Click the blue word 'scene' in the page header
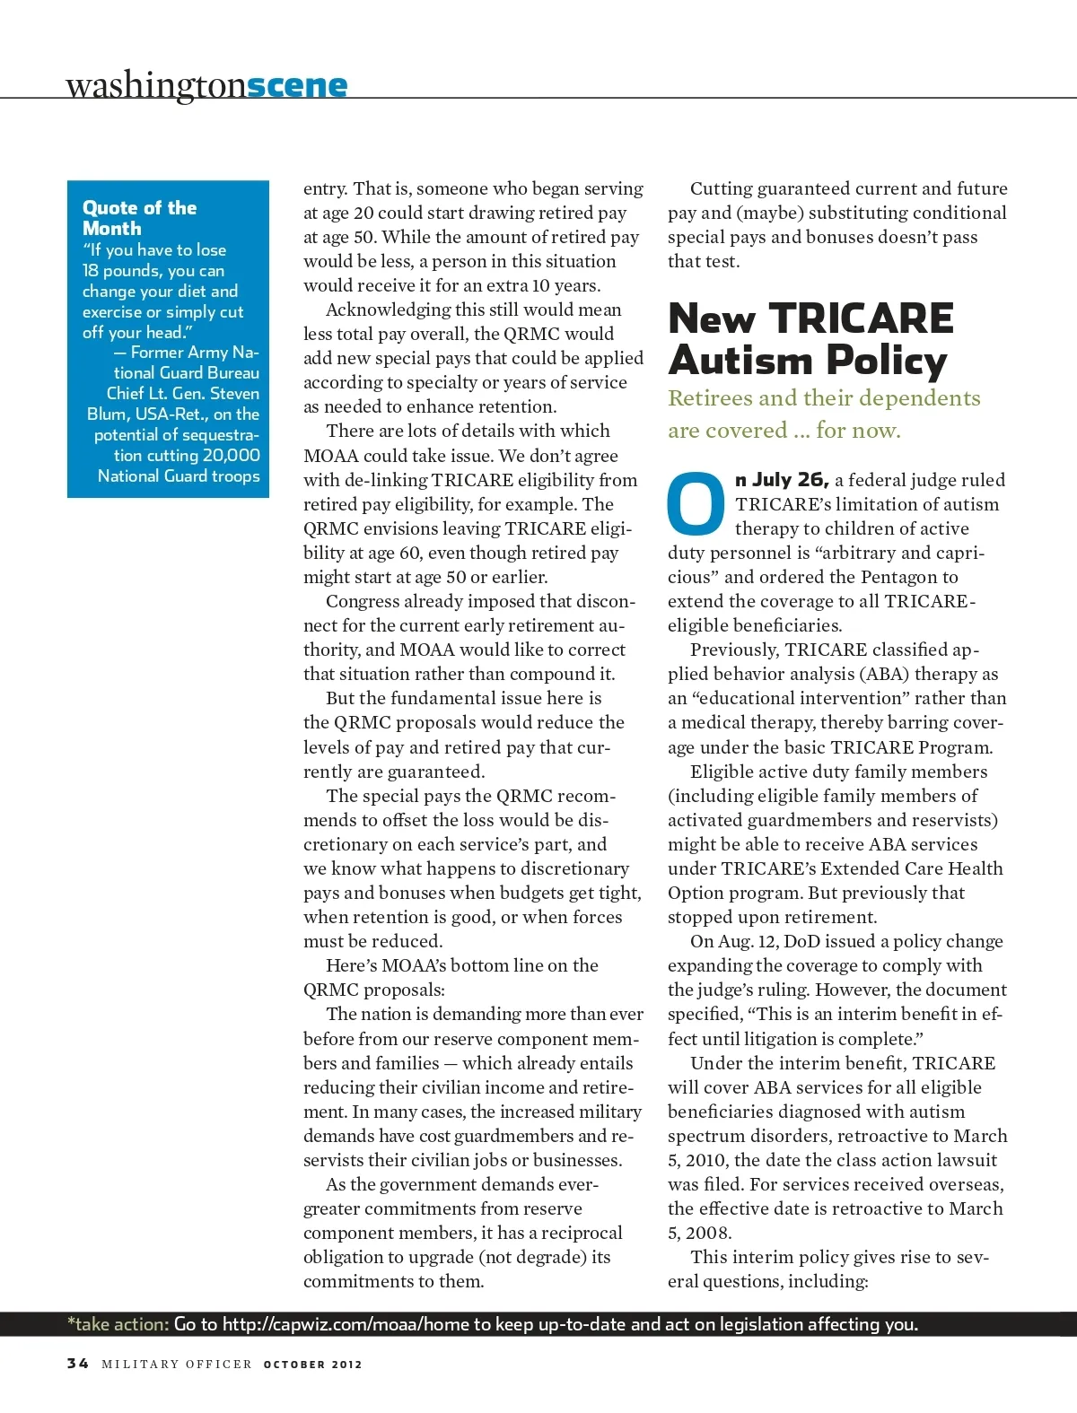296,85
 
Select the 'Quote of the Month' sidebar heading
139,218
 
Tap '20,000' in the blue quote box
231,456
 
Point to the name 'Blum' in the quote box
106,414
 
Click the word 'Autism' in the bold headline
740,361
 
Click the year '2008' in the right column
709,1233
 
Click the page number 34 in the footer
78,1364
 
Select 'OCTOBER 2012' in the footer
312,1365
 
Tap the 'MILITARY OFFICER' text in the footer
176,1365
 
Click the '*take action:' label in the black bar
118,1324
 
